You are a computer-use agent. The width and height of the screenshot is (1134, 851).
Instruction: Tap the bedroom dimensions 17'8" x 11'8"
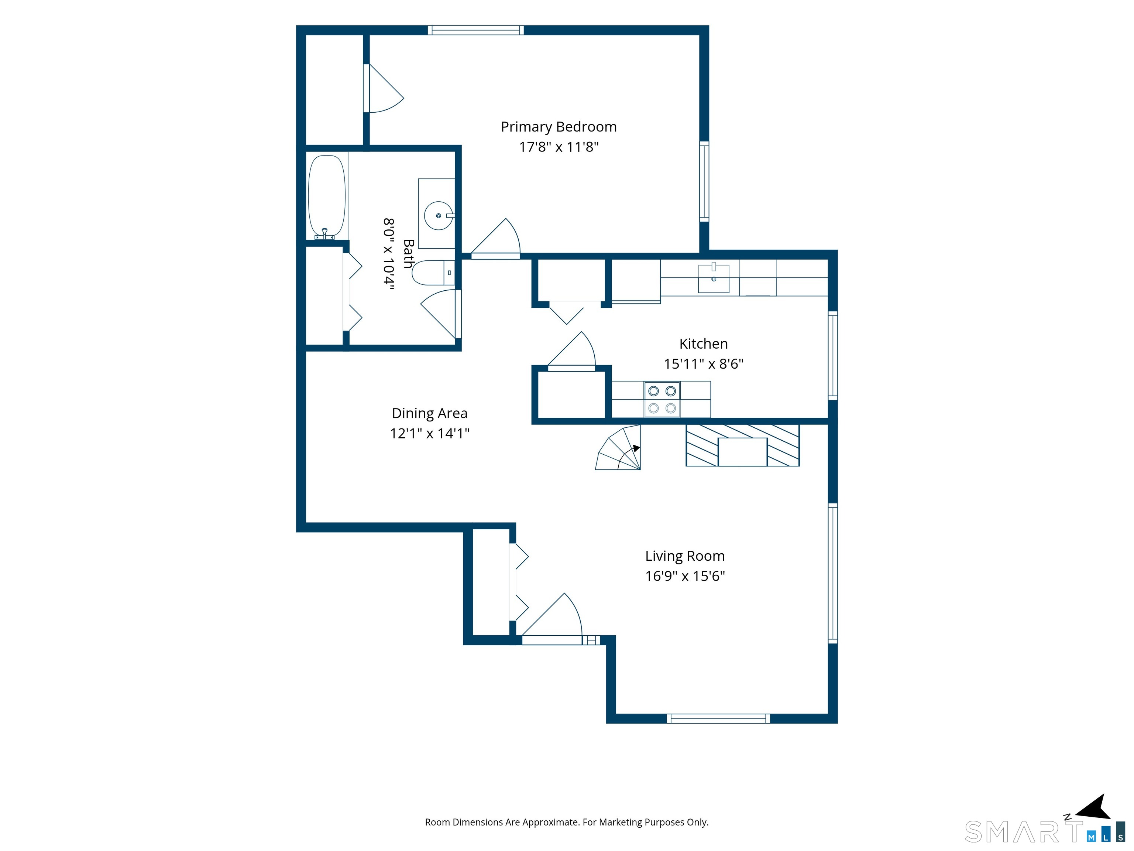click(x=559, y=147)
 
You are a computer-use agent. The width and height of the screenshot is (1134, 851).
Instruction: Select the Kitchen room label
click(x=703, y=344)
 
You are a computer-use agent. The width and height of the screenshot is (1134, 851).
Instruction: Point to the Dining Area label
click(x=430, y=413)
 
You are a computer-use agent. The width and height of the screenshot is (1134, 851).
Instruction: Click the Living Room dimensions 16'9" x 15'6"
click(x=685, y=576)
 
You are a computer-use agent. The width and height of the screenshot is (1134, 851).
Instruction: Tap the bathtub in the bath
click(x=327, y=197)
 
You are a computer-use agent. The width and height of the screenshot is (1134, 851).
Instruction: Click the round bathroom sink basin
click(x=438, y=216)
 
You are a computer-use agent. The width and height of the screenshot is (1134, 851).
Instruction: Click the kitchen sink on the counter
click(x=714, y=278)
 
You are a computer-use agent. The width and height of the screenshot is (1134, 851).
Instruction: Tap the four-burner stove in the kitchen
click(x=662, y=400)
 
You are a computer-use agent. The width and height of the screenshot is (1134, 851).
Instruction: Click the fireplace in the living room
click(x=742, y=445)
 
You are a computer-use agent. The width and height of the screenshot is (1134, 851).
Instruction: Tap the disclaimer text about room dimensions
click(x=567, y=822)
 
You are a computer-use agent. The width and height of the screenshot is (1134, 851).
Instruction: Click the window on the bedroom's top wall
click(x=476, y=30)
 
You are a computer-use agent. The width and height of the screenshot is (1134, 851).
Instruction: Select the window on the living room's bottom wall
click(x=718, y=719)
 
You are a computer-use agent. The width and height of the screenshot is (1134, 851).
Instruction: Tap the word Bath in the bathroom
click(x=409, y=253)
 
